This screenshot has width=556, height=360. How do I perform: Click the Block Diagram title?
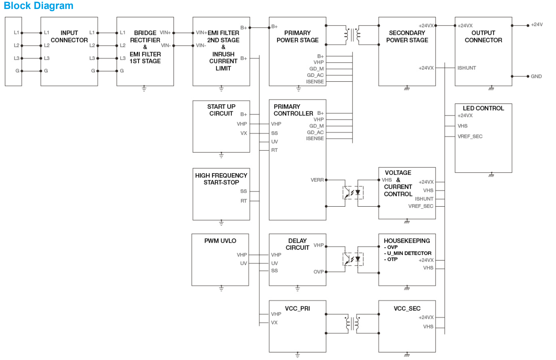(39, 6)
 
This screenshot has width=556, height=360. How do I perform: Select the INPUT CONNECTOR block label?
(69, 36)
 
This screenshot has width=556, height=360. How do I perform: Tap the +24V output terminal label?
(537, 25)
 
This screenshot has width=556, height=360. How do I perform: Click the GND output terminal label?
(536, 76)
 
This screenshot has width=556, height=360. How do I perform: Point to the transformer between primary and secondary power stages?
(352, 35)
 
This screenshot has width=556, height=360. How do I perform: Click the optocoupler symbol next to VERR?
(353, 193)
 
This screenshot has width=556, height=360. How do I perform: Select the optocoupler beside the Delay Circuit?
(353, 259)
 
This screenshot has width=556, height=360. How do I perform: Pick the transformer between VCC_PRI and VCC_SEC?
(352, 323)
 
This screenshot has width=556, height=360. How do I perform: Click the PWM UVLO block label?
(220, 241)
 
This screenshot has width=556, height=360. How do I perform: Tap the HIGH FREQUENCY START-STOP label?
(221, 179)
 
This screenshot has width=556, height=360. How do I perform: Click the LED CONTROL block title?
(483, 108)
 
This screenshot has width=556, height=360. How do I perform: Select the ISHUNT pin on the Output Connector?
(466, 68)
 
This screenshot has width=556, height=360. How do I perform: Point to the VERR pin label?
(317, 180)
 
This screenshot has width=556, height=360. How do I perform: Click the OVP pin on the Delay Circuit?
(318, 272)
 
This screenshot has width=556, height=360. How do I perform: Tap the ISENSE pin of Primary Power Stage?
(315, 82)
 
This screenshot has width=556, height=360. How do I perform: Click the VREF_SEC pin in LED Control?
(470, 136)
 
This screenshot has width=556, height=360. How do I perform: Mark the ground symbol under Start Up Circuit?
(221, 155)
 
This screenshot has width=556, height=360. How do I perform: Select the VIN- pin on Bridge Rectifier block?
(166, 45)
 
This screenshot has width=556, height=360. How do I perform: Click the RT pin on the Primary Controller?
(275, 150)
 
